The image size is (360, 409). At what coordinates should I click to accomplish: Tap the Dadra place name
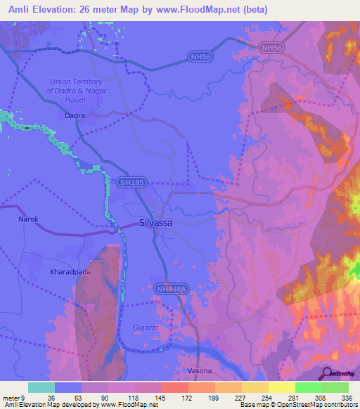[75, 114]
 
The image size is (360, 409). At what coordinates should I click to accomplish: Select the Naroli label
[28, 219]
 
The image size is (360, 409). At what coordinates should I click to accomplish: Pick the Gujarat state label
[147, 327]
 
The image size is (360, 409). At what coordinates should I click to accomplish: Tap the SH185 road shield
[130, 183]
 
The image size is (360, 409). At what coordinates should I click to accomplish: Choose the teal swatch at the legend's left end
[41, 387]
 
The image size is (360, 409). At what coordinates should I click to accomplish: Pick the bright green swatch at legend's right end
[335, 387]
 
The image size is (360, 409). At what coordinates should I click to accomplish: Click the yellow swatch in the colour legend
[282, 387]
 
